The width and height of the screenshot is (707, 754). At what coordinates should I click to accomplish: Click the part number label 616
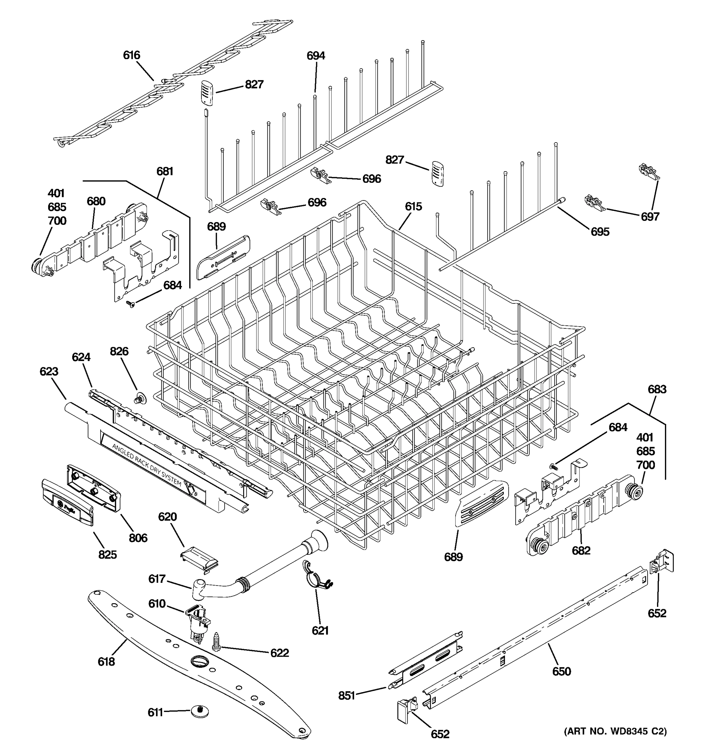tap(131, 55)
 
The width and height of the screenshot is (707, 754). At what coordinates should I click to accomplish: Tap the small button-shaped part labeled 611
tap(200, 712)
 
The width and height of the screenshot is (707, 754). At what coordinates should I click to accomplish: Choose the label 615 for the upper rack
tap(413, 207)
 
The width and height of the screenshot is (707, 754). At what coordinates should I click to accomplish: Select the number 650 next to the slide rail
tap(561, 672)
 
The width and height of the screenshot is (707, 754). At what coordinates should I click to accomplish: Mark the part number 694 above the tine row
tap(315, 56)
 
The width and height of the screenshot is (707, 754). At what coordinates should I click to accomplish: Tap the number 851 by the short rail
tap(346, 696)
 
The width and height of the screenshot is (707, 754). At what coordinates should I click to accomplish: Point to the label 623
tap(49, 371)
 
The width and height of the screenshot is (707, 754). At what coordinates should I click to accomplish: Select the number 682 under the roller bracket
tap(581, 551)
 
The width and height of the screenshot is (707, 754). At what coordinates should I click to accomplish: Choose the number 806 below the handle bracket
tap(138, 538)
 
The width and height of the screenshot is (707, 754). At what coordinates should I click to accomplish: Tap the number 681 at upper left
tap(165, 172)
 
